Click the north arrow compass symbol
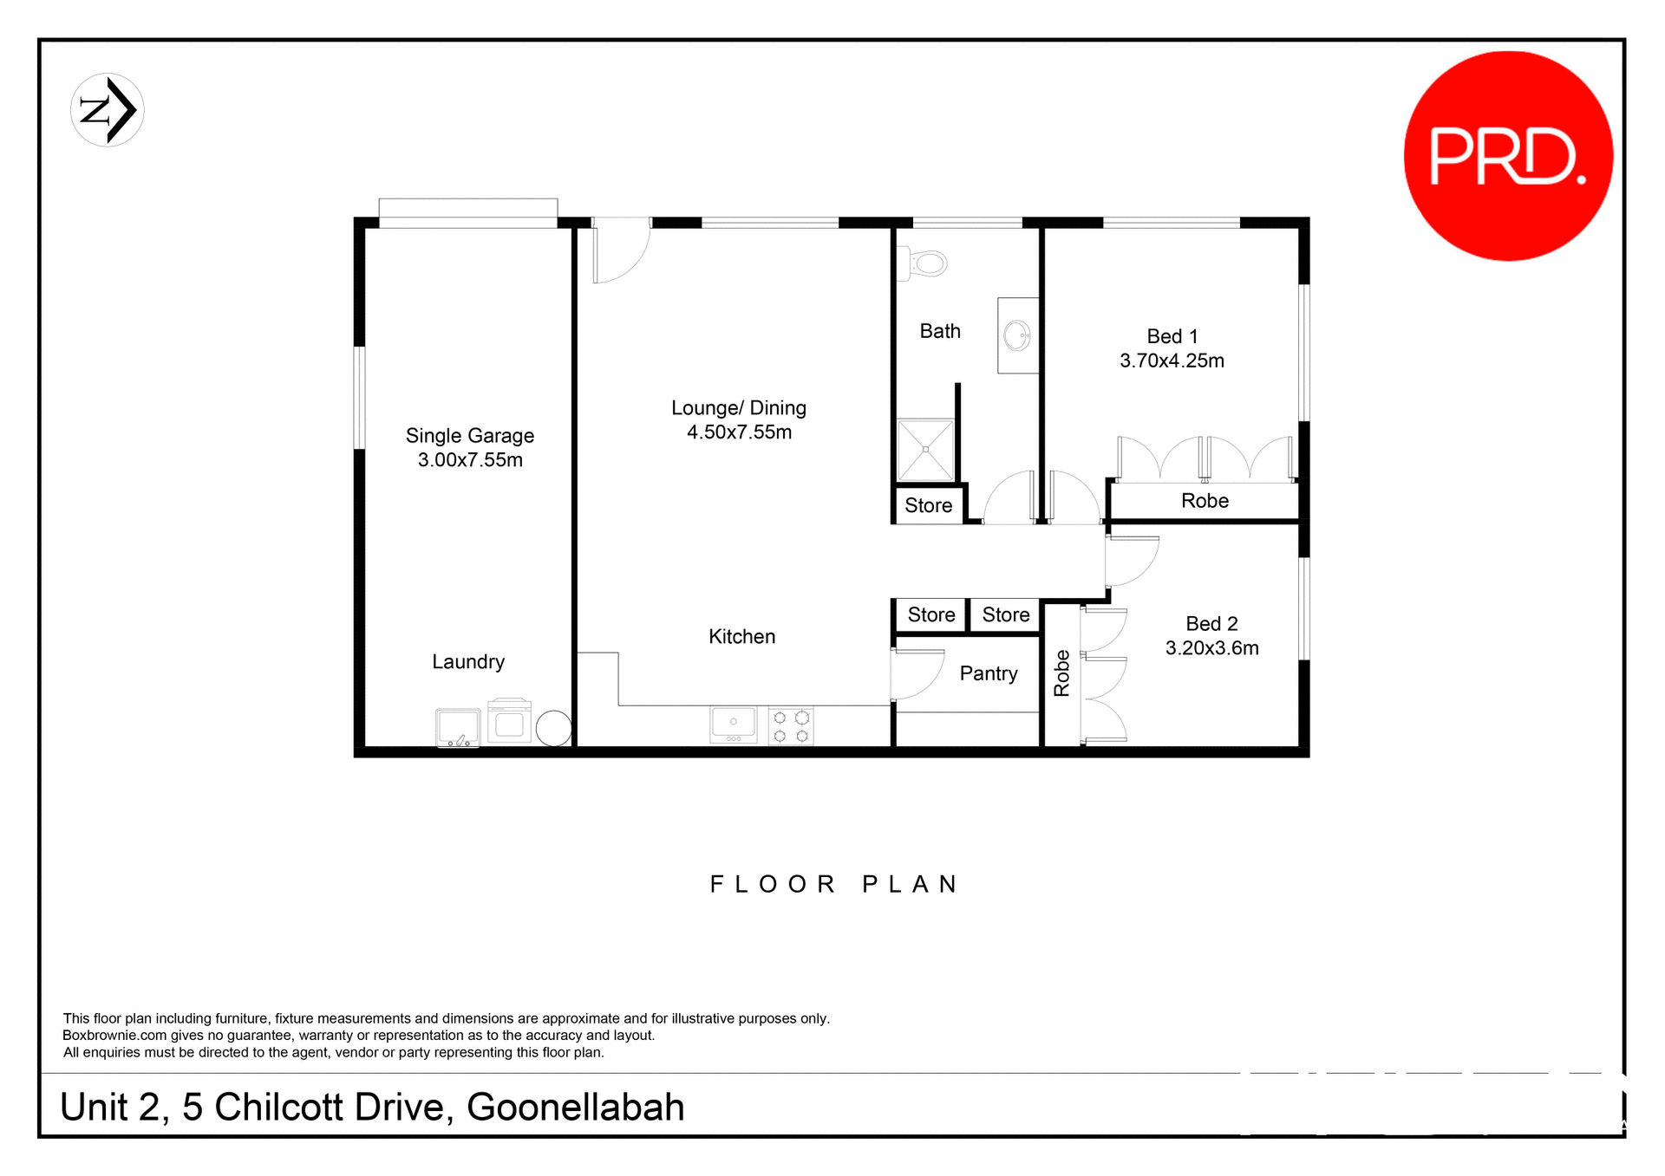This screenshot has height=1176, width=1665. pyautogui.click(x=108, y=110)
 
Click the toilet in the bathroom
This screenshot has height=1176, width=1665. pyautogui.click(x=926, y=263)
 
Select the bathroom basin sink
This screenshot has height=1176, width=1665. pyautogui.click(x=1017, y=335)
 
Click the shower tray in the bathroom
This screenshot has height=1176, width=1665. pyautogui.click(x=925, y=450)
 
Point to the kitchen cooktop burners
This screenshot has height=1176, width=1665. pyautogui.click(x=791, y=726)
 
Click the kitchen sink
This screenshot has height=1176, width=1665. pyautogui.click(x=733, y=724)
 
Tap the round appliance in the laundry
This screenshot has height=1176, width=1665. pyautogui.click(x=553, y=728)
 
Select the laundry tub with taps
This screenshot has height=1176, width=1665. pyautogui.click(x=457, y=728)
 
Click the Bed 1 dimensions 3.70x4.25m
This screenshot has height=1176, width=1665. pyautogui.click(x=1172, y=361)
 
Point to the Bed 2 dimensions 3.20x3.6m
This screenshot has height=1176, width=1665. pyautogui.click(x=1211, y=648)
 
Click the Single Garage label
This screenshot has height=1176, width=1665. pyautogui.click(x=469, y=436)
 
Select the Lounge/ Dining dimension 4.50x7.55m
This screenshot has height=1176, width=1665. pyautogui.click(x=739, y=432)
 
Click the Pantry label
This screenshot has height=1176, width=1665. pyautogui.click(x=988, y=673)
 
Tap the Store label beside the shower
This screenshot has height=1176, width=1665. pyautogui.click(x=928, y=505)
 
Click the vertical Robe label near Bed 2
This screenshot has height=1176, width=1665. pyautogui.click(x=1061, y=673)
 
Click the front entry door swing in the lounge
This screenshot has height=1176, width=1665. pyautogui.click(x=621, y=250)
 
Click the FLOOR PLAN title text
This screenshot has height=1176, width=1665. pyautogui.click(x=833, y=884)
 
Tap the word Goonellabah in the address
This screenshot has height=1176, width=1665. pyautogui.click(x=575, y=1108)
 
